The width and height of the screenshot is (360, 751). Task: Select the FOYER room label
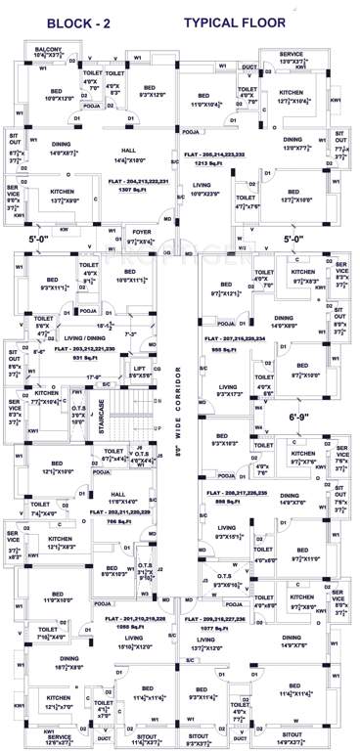[x=144, y=233]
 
